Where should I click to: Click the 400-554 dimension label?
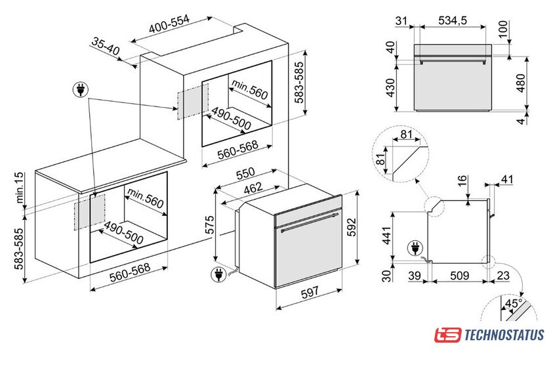[169, 24]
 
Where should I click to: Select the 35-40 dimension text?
[106, 46]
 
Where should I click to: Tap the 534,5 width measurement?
[453, 20]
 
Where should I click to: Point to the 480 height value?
[521, 83]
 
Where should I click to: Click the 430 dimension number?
[390, 88]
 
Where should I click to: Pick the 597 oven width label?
[310, 292]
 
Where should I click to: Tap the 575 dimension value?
[209, 225]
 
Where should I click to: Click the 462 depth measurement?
[253, 188]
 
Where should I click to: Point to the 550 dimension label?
[245, 173]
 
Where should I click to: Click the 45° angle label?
[514, 303]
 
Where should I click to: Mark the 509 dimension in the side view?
[460, 275]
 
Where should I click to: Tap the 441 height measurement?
[386, 236]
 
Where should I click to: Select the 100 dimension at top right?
[503, 29]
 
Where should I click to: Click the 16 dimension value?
[462, 181]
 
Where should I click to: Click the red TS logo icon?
[447, 335]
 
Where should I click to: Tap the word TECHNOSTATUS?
[504, 335]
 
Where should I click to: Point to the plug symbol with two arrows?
[81, 90]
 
